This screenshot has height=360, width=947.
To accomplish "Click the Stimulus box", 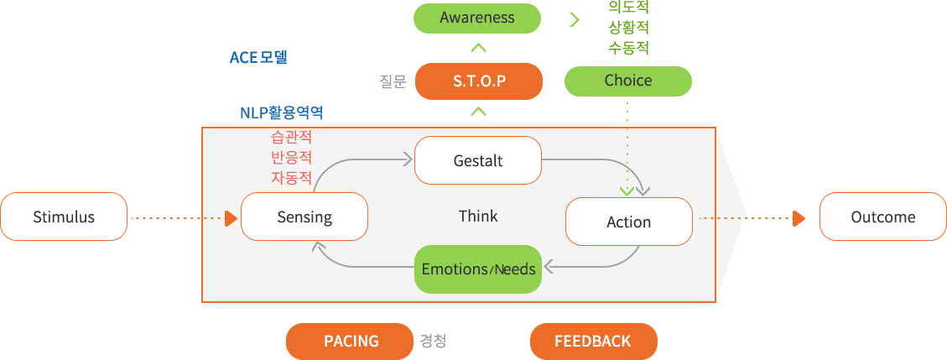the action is tap(64, 217).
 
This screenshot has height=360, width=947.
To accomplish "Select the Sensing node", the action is tap(304, 217).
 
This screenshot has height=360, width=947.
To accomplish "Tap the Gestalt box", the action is tap(478, 160).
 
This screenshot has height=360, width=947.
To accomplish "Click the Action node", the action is tap(629, 222).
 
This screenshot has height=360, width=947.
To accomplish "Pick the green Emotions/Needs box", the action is tap(478, 269).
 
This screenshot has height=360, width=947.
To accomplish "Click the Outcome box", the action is tap(883, 217).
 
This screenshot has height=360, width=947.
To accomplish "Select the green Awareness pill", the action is tap(477, 18).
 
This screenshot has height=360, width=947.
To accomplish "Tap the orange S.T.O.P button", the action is tap(479, 81).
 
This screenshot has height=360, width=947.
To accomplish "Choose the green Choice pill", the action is tap(628, 81).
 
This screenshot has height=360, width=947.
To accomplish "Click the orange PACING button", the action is tap(351, 342).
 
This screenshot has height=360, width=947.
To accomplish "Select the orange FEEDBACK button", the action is tap(593, 342).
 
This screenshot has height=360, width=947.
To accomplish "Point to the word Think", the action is tap(478, 217).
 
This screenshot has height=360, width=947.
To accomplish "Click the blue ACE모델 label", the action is tap(258, 57).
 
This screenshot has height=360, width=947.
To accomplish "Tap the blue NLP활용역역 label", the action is tap(282, 113).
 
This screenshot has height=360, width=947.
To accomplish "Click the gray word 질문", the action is tap(393, 81).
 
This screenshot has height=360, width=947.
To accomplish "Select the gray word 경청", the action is tap(433, 342).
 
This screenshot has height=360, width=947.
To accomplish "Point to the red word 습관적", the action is tap(291, 137).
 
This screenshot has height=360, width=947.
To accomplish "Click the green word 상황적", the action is tap(629, 28).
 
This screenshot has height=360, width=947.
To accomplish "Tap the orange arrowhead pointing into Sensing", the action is tap(231, 219).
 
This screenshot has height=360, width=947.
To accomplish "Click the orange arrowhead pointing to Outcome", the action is tap(799, 219).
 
